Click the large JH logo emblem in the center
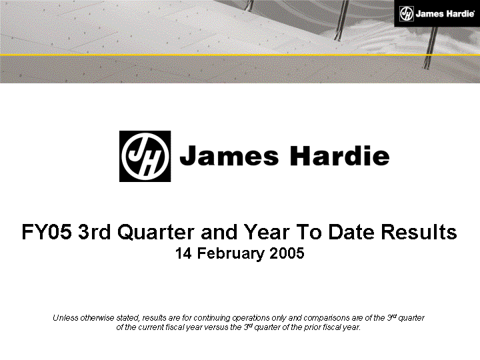tap(145, 156)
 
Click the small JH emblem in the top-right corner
tap(407, 13)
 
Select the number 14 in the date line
tap(183, 253)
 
